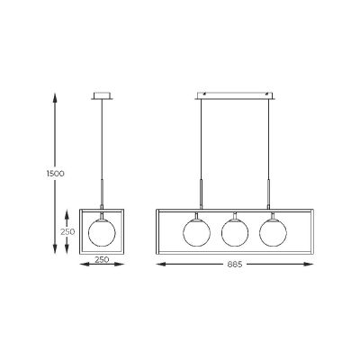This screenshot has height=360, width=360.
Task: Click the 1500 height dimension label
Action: [x=56, y=172]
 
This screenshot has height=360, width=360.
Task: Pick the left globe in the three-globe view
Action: [x=195, y=229]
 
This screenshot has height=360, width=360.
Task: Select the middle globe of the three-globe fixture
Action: [x=234, y=229]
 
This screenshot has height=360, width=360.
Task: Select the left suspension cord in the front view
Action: [x=199, y=144]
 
